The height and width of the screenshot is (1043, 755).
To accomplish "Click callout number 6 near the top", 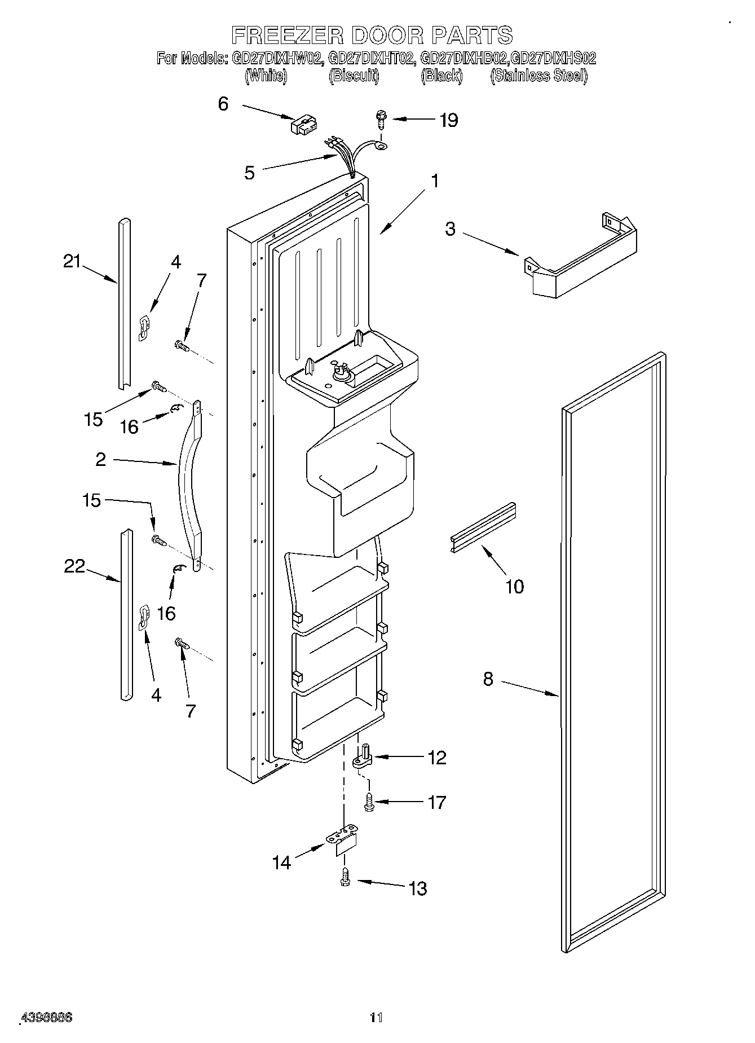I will (x=223, y=104).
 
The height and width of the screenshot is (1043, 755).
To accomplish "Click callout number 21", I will (x=72, y=261).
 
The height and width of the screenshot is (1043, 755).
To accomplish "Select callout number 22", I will (x=74, y=566).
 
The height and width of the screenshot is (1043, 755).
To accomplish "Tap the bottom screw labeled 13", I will (x=346, y=878).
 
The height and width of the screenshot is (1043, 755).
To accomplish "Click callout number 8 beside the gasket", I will (x=488, y=679).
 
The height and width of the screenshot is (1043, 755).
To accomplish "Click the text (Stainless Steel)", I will (x=538, y=76).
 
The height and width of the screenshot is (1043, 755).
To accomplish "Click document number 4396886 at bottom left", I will (x=47, y=1018).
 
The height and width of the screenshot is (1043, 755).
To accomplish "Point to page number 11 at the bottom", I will (x=376, y=1018).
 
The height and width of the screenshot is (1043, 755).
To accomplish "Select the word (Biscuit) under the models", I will (x=354, y=76).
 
